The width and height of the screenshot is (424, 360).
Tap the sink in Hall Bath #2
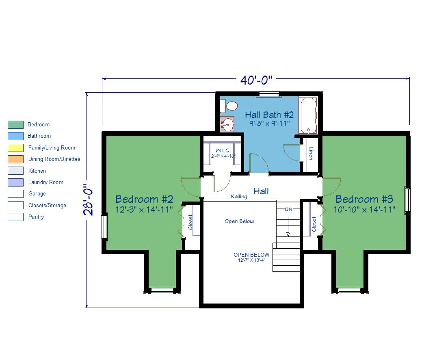pos(227,124)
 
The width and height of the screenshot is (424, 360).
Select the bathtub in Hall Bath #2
pos(308,115)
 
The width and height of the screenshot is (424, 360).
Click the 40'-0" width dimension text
pos(256,80)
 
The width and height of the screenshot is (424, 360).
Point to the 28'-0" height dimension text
pos(89,200)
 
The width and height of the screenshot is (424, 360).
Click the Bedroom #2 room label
pos(144,199)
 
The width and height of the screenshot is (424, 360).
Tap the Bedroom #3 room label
pos(364,199)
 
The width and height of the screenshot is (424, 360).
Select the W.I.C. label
pos(223,150)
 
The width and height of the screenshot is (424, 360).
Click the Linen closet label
pos(311,153)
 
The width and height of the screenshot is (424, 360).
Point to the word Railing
pos(239,196)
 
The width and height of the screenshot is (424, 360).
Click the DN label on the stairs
pos(288,209)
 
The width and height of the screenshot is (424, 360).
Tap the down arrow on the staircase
pos(288,226)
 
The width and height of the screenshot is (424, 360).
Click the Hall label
pos(261,191)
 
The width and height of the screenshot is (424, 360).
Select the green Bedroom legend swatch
pos(16,125)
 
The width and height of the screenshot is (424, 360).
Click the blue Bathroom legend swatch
pos(16,136)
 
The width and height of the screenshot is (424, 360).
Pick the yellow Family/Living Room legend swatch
pos(16,147)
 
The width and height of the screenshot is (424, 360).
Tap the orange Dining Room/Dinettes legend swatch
pos(16,159)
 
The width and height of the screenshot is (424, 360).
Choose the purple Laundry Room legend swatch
pos(16,182)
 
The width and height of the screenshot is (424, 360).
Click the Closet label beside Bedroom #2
pos(190,222)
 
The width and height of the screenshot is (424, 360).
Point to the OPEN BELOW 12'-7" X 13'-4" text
pos(251,257)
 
